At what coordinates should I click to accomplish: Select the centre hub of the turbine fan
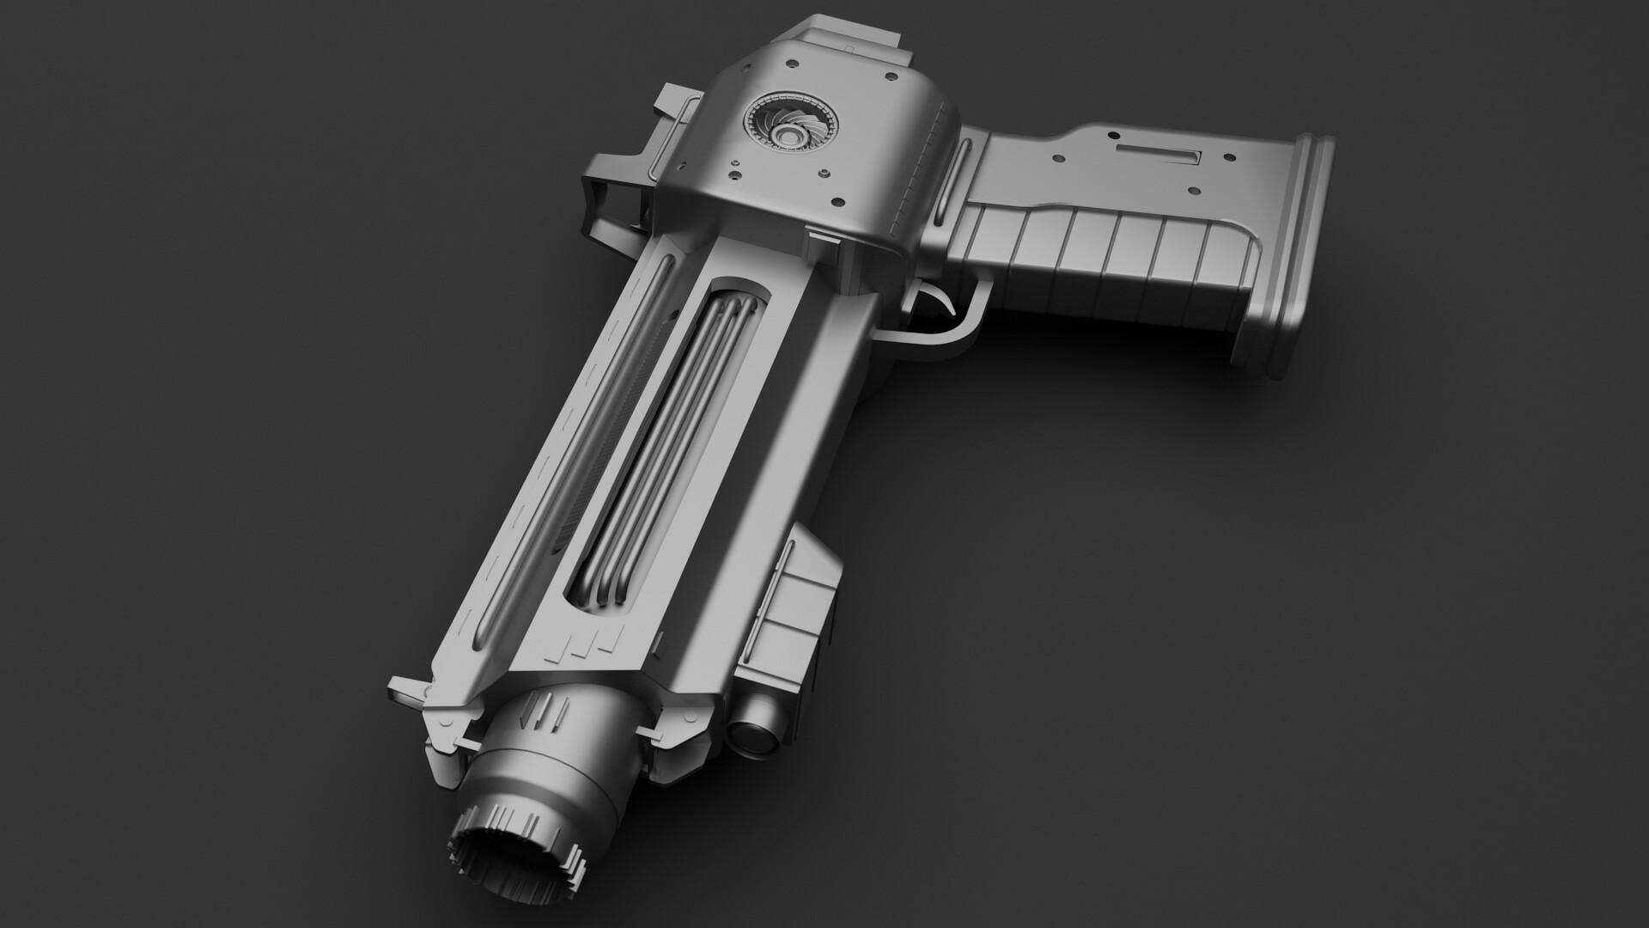(x=788, y=133)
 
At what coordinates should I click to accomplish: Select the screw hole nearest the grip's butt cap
(x=1230, y=157)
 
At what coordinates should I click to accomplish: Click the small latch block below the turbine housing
(x=824, y=241)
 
